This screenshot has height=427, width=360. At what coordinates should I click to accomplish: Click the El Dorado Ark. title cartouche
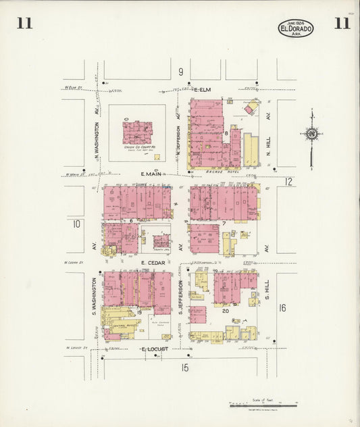tap(296, 28)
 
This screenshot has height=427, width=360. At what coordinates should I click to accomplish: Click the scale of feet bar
tap(260, 406)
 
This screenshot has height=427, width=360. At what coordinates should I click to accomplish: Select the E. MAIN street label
tap(152, 174)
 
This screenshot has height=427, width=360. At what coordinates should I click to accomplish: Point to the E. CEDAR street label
tap(153, 261)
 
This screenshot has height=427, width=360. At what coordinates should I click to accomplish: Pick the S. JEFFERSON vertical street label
tap(182, 298)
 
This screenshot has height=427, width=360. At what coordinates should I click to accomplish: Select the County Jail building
tap(161, 242)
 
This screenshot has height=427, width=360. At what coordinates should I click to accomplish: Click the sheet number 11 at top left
tap(24, 24)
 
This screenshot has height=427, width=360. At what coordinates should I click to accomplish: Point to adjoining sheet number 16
tap(282, 308)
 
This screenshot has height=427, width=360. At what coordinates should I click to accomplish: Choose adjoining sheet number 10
tap(76, 224)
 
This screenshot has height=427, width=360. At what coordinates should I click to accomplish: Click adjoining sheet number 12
tap(288, 181)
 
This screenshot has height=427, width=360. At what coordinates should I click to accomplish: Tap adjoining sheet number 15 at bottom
tap(184, 368)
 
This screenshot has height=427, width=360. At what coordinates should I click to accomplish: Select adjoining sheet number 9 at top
tap(181, 72)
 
